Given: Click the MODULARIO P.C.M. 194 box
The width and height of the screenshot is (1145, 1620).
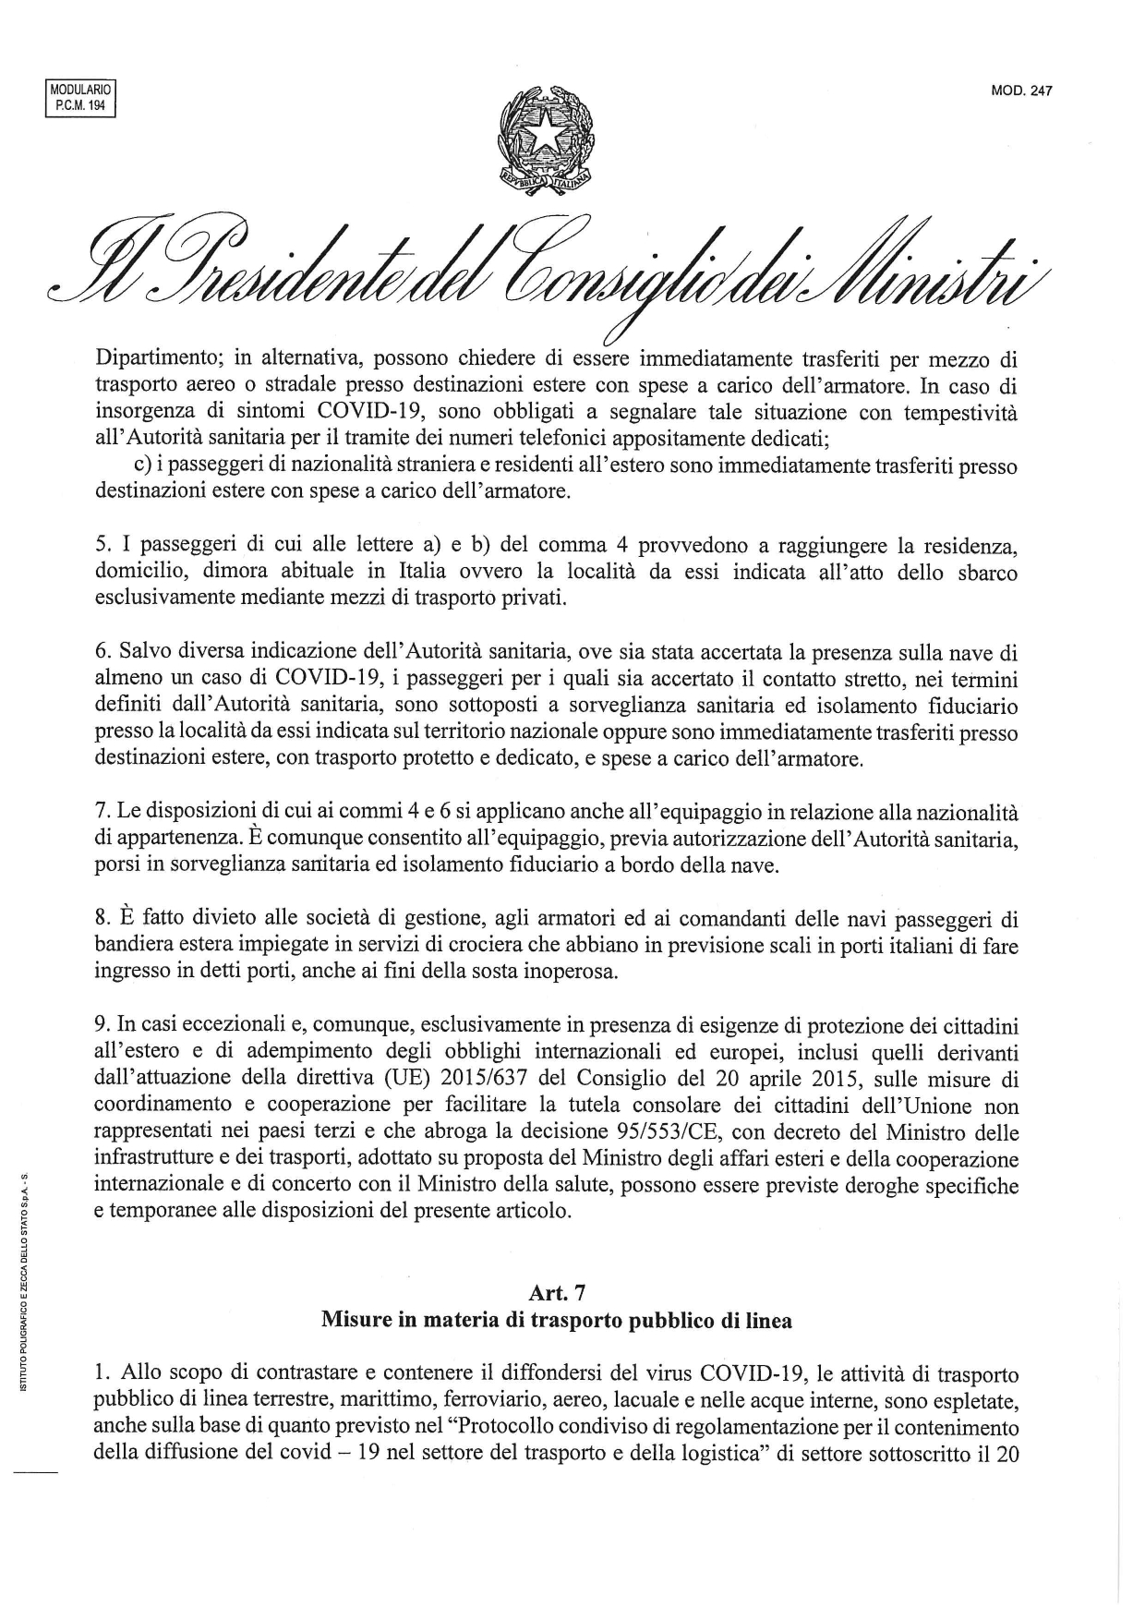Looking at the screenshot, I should pyautogui.click(x=78, y=99).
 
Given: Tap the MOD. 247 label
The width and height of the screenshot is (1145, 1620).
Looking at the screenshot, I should pyautogui.click(x=1021, y=91).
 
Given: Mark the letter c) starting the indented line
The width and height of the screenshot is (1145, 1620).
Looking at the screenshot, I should pyautogui.click(x=143, y=465).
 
